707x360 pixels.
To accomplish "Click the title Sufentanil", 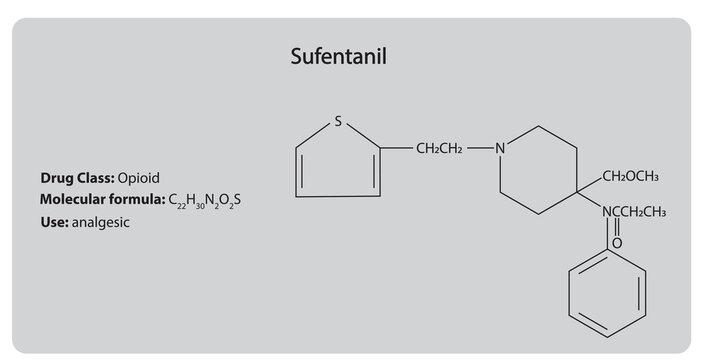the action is coord(337,57).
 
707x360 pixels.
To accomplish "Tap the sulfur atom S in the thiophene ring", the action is coord(338,122).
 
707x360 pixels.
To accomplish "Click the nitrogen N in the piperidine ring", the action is coord(501,150).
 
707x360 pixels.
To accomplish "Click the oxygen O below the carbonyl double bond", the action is coord(616,242).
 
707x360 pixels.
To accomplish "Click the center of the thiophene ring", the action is coord(337,164).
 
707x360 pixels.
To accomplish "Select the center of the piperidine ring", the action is coord(540,169).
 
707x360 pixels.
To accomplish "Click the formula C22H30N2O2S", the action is coord(205,201).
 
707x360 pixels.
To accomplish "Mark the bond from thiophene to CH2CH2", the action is coord(397,150).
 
